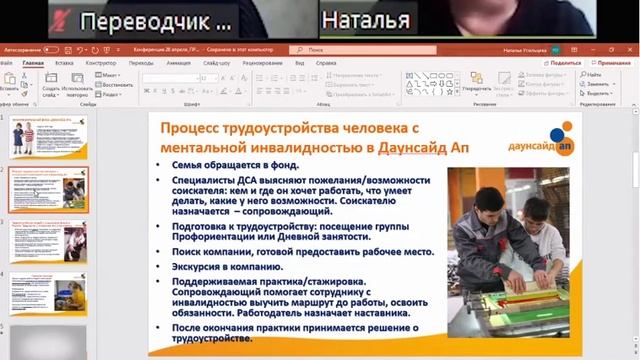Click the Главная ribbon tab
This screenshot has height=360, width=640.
click(x=33, y=62)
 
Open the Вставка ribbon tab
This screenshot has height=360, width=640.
click(x=64, y=62)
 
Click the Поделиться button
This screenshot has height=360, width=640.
click(x=564, y=62)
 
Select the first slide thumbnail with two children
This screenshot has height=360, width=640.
click(x=51, y=136)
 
